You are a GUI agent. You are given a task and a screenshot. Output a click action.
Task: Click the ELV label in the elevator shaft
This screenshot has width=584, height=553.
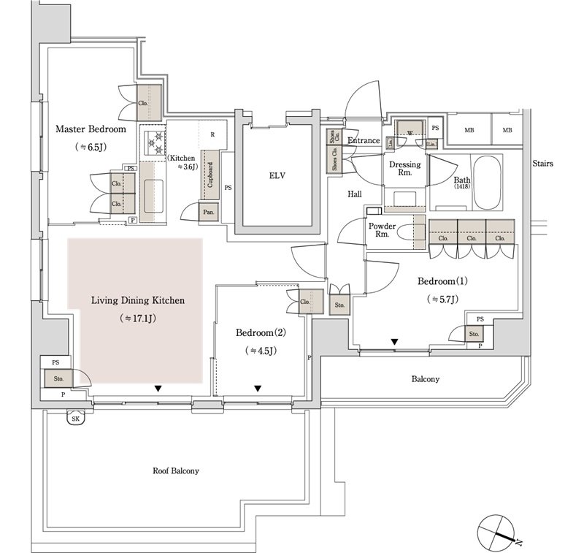[x=277, y=175]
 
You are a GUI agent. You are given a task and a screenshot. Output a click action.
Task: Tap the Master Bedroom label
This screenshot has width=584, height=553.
[x=91, y=129]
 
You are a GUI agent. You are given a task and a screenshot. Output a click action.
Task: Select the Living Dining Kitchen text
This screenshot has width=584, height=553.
[x=138, y=300]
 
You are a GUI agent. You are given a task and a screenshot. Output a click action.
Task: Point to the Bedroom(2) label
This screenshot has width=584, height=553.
[x=261, y=332]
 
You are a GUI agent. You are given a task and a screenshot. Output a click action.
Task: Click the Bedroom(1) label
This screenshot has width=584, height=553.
[x=442, y=281]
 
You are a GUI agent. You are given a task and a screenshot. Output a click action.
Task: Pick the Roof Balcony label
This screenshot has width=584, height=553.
[x=175, y=471]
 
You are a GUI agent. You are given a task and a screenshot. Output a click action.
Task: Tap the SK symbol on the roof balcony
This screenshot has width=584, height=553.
[x=74, y=418]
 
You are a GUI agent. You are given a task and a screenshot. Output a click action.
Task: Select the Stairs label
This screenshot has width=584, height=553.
[x=542, y=164]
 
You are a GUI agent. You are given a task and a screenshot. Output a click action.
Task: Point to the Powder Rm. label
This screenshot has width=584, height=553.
[x=383, y=230]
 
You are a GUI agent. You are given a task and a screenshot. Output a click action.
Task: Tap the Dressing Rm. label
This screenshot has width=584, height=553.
[x=404, y=169]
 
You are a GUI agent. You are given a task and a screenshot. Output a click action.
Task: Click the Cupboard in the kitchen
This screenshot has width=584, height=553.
[x=211, y=175]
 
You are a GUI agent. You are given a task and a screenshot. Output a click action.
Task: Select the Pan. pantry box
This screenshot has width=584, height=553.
[x=209, y=213]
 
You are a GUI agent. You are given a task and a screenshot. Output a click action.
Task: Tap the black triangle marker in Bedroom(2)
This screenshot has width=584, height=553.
[x=258, y=389]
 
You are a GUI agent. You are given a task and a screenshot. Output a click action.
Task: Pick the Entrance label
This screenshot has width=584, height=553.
[x=364, y=141]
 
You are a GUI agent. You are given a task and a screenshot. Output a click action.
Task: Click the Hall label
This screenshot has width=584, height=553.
[x=355, y=194]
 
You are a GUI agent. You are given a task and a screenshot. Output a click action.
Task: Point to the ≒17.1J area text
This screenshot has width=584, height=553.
[x=138, y=319]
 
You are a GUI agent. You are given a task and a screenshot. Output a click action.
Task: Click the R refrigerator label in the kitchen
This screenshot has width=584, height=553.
[x=212, y=134]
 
